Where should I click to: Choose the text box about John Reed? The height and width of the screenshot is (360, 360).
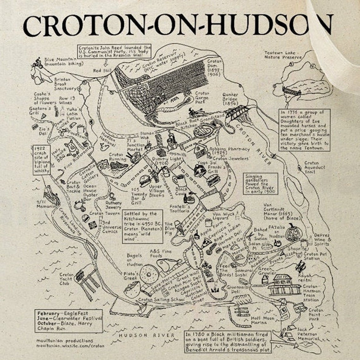[x=115, y=51]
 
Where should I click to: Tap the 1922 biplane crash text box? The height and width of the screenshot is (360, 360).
[x=42, y=160]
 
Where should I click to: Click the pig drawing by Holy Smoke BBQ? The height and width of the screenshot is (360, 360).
[x=70, y=147]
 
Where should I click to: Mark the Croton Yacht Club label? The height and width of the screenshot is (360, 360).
[x=66, y=279]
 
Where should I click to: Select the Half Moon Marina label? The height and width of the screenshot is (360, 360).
[x=263, y=320]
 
